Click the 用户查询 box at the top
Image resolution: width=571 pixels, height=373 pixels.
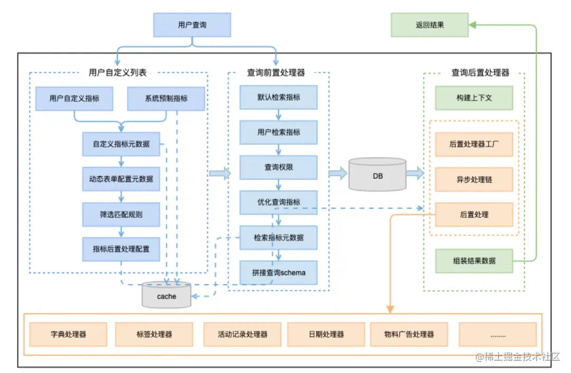[192, 25]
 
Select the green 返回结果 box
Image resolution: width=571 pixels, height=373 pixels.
[429, 25]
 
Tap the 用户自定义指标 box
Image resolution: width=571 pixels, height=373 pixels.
[74, 98]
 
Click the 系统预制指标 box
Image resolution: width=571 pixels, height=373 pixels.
[166, 98]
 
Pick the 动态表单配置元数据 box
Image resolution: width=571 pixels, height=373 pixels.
[121, 179]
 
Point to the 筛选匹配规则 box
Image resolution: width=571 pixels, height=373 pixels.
[121, 214]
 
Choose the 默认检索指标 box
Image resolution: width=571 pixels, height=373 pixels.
[279, 97]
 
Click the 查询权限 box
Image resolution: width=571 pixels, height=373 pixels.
[279, 167]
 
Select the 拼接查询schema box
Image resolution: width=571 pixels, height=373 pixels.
[279, 273]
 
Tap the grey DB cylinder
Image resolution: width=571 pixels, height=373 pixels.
[377, 176]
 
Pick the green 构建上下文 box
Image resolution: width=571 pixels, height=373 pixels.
[474, 98]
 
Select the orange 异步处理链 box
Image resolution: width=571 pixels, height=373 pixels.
[474, 179]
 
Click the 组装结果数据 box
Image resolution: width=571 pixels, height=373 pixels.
[474, 261]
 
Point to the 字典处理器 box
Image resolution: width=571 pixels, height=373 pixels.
[68, 334]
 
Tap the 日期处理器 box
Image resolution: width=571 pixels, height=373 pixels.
[326, 334]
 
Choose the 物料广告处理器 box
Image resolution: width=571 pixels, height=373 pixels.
[409, 334]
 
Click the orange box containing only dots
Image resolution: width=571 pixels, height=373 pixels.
[498, 334]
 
